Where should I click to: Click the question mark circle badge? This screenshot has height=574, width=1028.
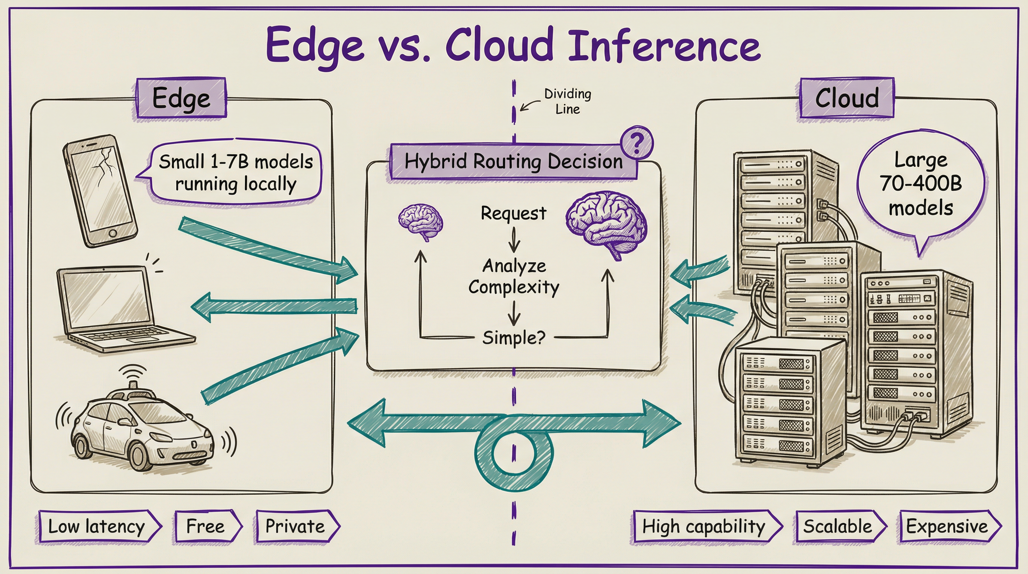click(x=637, y=142)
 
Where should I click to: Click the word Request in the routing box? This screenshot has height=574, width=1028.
click(x=513, y=213)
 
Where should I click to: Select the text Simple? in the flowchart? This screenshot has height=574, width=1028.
click(x=513, y=338)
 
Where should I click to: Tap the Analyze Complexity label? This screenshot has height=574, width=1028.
click(x=514, y=276)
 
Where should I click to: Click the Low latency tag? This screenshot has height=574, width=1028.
click(x=98, y=526)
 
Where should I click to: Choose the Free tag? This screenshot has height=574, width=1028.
click(x=206, y=526)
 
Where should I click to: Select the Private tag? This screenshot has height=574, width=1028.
click(x=296, y=526)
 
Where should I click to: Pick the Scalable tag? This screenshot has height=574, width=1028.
click(x=838, y=526)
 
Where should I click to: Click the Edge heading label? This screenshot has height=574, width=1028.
click(x=181, y=98)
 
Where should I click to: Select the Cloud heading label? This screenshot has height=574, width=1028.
click(x=847, y=98)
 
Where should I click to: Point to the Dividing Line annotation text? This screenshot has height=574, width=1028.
click(x=567, y=101)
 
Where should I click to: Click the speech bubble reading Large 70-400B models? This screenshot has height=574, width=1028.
click(x=921, y=184)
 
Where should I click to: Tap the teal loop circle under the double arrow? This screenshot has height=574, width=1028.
click(x=514, y=455)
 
